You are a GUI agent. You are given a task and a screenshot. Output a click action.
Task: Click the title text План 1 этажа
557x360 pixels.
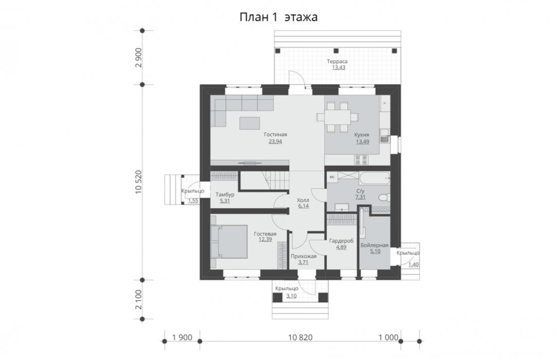(x=278, y=17)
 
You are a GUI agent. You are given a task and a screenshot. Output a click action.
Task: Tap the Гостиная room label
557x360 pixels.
(x=275, y=135)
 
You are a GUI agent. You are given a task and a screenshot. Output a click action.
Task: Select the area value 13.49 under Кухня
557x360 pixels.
(x=362, y=141)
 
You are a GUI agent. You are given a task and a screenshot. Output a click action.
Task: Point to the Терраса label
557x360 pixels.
(x=337, y=62)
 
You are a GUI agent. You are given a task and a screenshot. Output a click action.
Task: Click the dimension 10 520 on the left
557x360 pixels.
(x=139, y=182)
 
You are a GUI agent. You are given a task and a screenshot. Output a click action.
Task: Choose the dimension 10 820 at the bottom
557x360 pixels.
(x=300, y=337)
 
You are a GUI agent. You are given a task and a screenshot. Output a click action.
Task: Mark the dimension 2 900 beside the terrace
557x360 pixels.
(x=139, y=57)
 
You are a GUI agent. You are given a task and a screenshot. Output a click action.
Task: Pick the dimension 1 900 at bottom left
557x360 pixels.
(x=182, y=337)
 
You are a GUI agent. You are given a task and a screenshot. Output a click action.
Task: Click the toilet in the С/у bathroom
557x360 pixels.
(x=384, y=197)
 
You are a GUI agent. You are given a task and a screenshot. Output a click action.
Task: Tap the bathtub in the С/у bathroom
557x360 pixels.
(x=375, y=178)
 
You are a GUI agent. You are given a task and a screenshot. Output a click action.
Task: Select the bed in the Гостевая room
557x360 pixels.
(x=229, y=242)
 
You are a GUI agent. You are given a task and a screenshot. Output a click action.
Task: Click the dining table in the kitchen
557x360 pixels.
(x=337, y=117)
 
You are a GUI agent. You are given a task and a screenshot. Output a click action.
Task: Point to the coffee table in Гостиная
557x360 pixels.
(x=250, y=123)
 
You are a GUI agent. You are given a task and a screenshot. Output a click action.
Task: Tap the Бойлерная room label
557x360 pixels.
(x=375, y=245)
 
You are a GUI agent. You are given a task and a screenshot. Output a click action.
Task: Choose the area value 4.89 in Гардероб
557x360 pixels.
(x=341, y=247)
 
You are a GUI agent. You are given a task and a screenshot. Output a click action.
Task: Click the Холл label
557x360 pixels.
(x=303, y=200)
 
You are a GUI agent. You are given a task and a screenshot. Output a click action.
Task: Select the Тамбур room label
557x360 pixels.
(x=225, y=195)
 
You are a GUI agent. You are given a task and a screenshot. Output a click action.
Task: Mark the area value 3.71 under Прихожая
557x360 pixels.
(x=303, y=263)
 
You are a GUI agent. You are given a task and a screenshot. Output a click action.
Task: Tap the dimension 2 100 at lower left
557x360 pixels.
(x=139, y=300)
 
